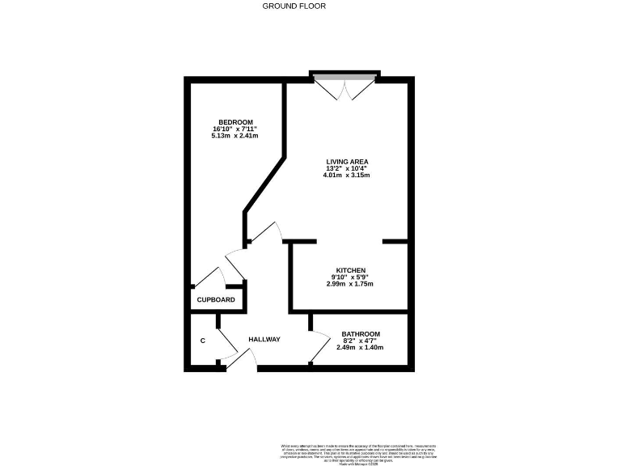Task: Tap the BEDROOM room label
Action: tap(234, 122)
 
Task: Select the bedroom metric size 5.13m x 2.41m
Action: tap(234, 136)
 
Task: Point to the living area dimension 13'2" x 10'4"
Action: tap(347, 169)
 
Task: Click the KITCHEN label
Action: tap(351, 270)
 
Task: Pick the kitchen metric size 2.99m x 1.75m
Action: tap(350, 284)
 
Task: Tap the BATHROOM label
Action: tap(361, 333)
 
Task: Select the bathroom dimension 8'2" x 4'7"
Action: tap(361, 341)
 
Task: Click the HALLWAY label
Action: tap(264, 339)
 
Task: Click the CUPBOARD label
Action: tap(216, 300)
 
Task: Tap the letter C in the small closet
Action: tap(202, 340)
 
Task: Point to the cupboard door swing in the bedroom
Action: tap(213, 275)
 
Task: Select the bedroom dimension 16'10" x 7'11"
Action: tap(234, 129)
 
